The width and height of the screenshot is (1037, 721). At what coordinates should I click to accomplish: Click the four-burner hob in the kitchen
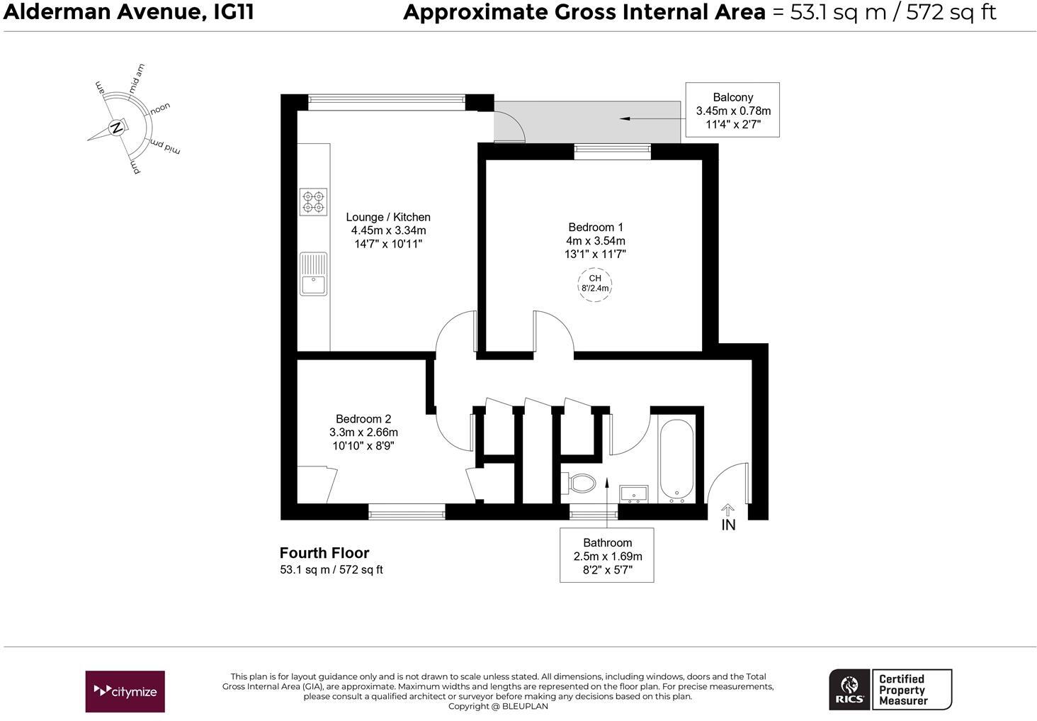tap(313, 201)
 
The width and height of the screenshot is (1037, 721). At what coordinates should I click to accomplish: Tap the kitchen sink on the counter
tap(313, 274)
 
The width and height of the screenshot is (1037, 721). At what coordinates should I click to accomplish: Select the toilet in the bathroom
tap(580, 484)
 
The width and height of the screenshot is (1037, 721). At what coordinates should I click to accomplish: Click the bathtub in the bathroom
tap(676, 460)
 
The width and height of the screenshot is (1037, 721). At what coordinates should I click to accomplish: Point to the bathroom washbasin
tap(633, 493)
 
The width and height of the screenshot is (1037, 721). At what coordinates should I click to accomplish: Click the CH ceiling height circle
tap(594, 284)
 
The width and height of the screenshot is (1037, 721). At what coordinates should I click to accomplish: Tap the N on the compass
tap(116, 128)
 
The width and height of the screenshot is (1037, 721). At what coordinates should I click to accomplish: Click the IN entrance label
tap(728, 525)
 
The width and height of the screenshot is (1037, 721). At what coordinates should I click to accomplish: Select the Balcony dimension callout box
tap(733, 110)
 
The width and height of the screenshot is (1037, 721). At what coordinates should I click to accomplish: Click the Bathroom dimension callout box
tap(607, 555)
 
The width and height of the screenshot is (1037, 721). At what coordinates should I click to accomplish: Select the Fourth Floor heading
tap(324, 553)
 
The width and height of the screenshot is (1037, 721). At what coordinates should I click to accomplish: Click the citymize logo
tap(125, 691)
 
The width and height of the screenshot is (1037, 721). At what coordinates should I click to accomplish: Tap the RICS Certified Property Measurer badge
tap(890, 689)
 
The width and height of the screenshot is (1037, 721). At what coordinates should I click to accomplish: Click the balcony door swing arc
tap(511, 128)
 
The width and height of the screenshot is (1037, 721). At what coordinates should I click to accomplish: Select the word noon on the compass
tap(160, 108)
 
